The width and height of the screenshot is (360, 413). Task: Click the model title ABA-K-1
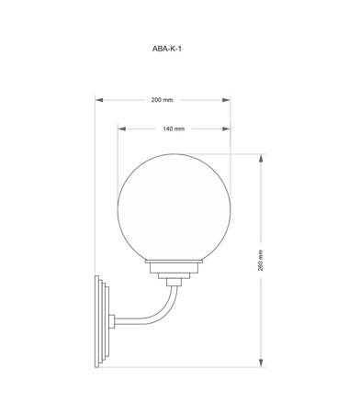[167, 49]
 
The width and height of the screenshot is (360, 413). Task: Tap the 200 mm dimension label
[162, 100]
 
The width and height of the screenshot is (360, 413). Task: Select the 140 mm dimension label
[174, 128]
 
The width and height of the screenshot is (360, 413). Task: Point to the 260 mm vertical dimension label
[261, 261]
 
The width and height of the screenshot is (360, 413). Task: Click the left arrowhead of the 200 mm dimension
[99, 100]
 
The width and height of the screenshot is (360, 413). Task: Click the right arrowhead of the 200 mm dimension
[226, 100]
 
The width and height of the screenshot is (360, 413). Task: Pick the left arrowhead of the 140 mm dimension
[122, 128]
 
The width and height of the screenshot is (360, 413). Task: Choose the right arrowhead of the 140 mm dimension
[226, 128]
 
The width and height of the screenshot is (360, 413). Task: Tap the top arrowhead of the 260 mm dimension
[261, 159]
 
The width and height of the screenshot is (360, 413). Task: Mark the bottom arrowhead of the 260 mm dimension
[261, 363]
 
